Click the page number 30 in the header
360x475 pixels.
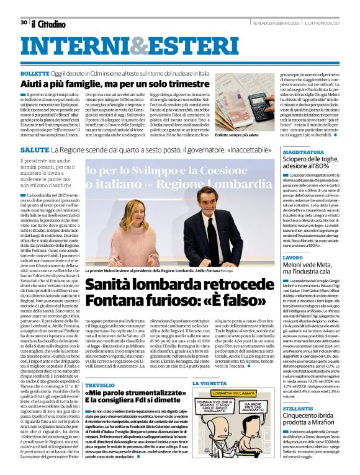coord(24,22)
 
